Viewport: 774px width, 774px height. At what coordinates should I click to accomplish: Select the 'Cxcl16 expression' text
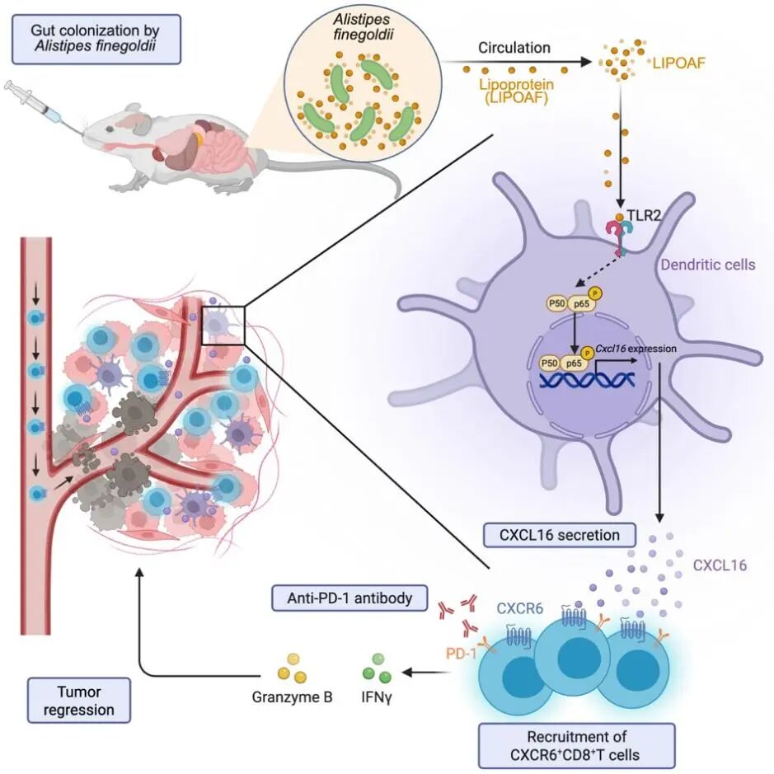pos(639,349)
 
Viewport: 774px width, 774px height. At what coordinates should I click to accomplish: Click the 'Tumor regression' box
pos(79,700)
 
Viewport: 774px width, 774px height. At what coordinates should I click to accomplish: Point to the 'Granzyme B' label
pos(293,697)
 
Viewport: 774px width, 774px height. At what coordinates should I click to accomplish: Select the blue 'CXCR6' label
pos(518,610)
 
